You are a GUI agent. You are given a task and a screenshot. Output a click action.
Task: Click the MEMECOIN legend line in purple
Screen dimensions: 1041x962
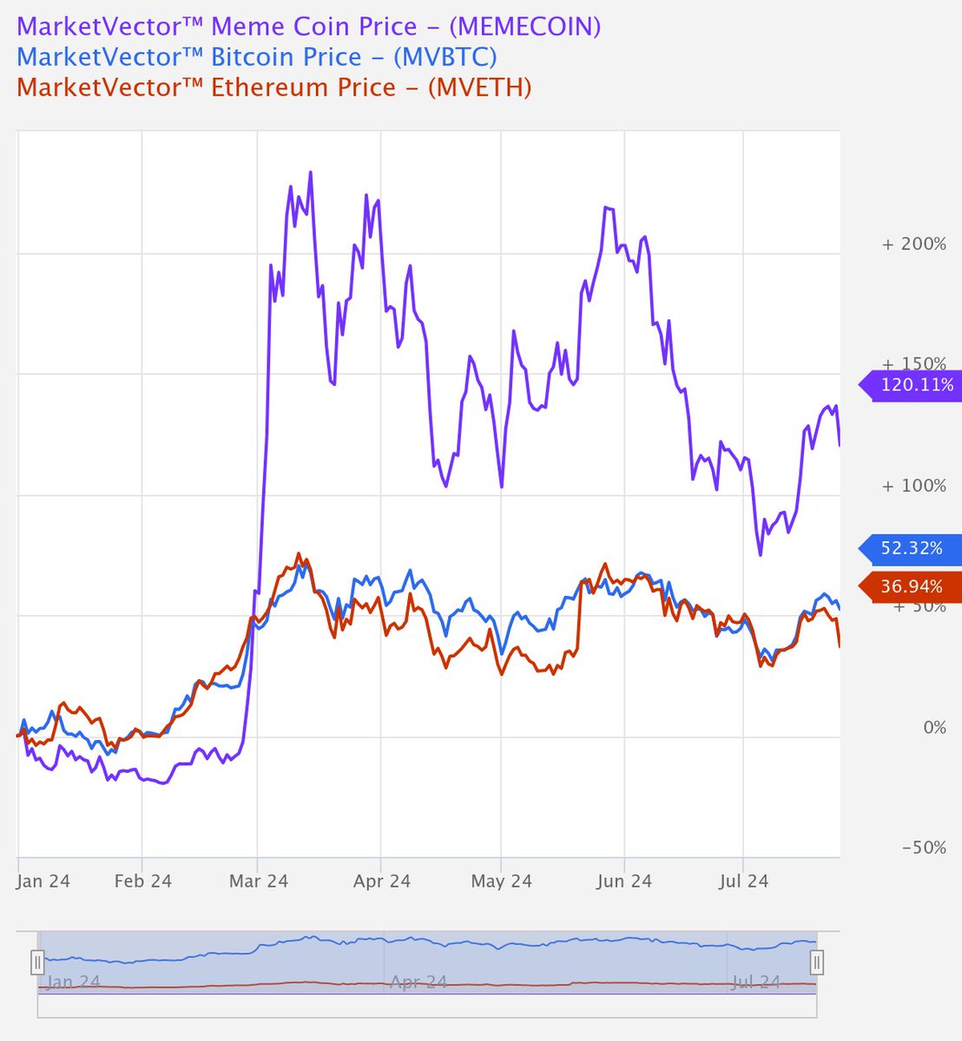click(308, 26)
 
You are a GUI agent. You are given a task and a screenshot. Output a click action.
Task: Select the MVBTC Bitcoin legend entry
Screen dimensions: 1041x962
click(257, 57)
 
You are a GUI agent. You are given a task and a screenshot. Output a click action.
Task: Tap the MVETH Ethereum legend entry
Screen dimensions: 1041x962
click(273, 88)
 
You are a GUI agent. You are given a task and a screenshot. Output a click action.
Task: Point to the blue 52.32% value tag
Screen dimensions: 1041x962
click(911, 548)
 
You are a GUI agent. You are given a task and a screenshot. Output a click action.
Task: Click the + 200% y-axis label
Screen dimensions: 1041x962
click(913, 244)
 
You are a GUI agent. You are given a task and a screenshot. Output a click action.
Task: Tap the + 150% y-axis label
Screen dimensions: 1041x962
click(913, 363)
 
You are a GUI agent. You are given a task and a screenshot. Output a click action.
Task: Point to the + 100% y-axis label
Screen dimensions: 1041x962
click(913, 485)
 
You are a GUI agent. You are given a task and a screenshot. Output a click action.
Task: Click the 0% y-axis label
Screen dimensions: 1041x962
click(934, 727)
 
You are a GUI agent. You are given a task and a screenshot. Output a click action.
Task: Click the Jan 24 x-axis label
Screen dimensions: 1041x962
click(44, 881)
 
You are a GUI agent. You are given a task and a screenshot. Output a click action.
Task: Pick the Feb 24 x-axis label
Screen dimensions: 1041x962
click(143, 881)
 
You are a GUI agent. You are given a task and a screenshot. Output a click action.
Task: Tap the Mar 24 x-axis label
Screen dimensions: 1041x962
click(259, 881)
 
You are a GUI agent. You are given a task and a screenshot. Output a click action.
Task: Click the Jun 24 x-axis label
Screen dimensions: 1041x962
click(623, 881)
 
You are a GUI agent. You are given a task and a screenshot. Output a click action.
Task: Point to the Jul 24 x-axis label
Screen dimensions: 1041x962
click(744, 881)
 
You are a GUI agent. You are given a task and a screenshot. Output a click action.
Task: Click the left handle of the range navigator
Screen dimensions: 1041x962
click(37, 962)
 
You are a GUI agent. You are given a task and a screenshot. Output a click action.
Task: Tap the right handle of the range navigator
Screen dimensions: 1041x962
click(816, 962)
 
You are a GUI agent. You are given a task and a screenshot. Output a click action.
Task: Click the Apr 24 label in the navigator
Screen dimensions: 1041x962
click(418, 983)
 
